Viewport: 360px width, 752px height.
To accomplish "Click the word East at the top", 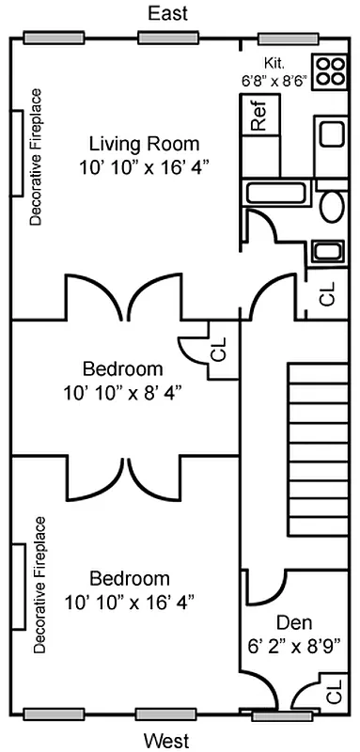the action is coord(167,13).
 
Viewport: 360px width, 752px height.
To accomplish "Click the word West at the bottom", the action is coord(166,741).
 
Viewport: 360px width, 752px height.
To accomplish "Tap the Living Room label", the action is coord(144,144).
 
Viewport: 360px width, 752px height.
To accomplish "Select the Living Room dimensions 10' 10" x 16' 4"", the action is coord(144,167).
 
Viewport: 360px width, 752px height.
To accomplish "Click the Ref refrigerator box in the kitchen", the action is coord(259,115).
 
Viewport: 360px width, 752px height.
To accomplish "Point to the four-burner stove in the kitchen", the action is coord(330,70).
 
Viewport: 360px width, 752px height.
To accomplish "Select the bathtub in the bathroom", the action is coord(276,193).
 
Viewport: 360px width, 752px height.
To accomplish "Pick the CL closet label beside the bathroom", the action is coord(328,293).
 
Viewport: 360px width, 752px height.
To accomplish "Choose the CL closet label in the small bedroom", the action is coord(218,350).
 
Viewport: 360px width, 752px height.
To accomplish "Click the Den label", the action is coord(294,622).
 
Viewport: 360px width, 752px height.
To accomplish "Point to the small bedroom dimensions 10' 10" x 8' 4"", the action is coord(122,393).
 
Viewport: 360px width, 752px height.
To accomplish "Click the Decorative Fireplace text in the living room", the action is coord(36,156).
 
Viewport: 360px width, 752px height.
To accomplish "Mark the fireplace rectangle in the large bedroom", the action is coord(18,587).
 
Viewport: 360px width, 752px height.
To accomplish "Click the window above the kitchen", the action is coord(289,39).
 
